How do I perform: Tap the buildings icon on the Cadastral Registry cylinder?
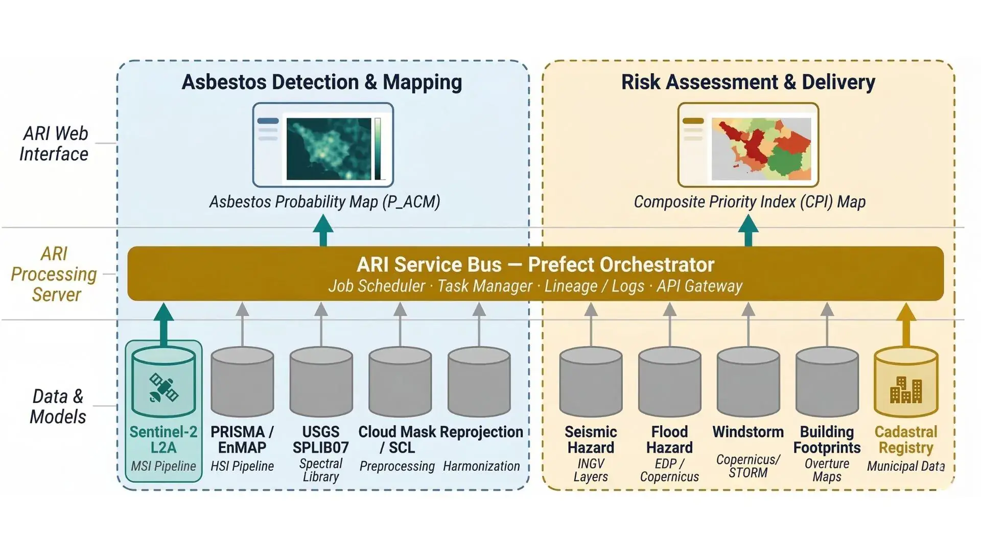tap(906, 390)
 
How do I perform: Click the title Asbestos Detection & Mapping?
tap(322, 82)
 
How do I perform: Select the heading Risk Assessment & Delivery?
tap(748, 82)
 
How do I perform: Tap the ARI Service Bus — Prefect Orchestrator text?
tap(535, 265)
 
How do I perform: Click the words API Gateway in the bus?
tap(699, 286)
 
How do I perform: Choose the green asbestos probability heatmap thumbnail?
tap(329, 149)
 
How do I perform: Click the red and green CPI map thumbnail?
tap(761, 149)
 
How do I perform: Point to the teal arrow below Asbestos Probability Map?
tap(323, 231)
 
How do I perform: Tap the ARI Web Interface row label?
tap(54, 144)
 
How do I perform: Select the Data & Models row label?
tap(57, 406)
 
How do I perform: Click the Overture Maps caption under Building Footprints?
tap(827, 470)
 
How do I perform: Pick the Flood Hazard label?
tap(669, 440)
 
